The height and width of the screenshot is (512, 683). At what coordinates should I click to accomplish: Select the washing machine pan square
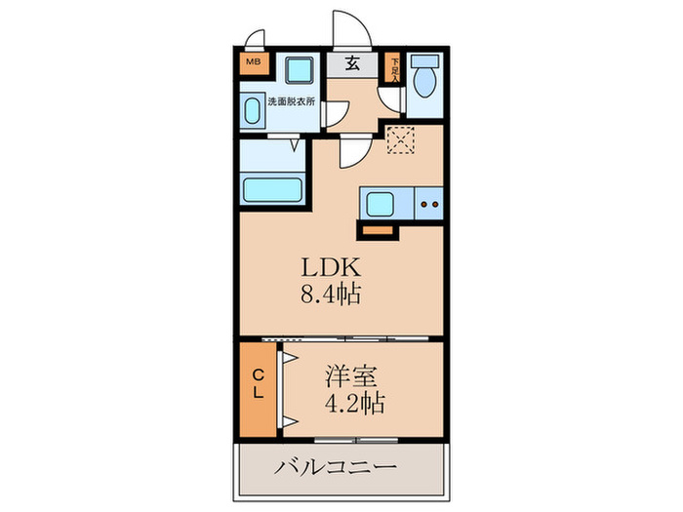click(x=301, y=70)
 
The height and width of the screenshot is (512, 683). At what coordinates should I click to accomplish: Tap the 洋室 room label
click(x=347, y=374)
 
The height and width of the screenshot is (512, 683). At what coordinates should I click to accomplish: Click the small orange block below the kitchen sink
click(x=377, y=231)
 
